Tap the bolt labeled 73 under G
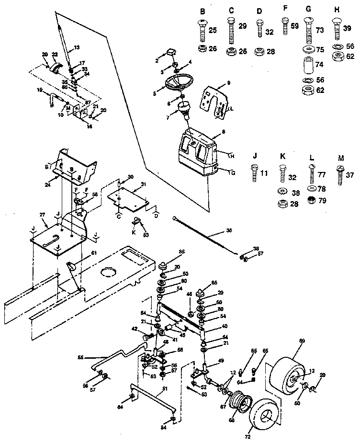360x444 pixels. (308, 32)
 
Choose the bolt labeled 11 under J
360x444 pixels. (253, 171)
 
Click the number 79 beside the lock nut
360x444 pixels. (322, 200)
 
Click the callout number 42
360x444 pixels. (135, 329)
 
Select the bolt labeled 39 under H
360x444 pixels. (336, 30)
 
